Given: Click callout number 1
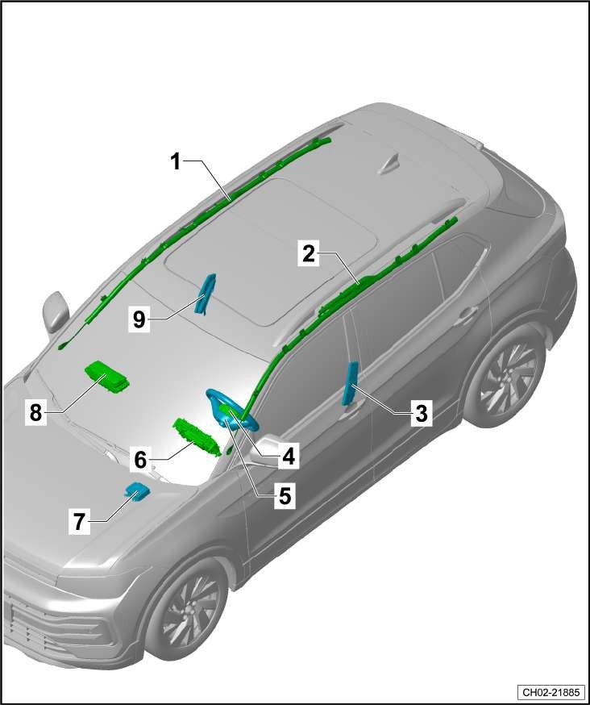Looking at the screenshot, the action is tap(177, 162).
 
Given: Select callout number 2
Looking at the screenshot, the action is tap(309, 254).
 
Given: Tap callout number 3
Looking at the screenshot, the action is tap(421, 413).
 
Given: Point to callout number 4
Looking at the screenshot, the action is tap(288, 457).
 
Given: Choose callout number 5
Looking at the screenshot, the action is tap(285, 496).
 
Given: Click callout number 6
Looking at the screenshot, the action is tap(140, 460).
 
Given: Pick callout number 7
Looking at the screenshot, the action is tap(80, 522).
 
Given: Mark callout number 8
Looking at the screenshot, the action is tap(36, 412).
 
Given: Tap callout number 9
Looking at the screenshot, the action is tap(139, 319).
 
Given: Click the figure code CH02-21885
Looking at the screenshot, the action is tap(551, 691).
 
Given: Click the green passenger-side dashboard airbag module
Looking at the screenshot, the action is tap(107, 377).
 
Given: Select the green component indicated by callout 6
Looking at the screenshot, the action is tap(197, 437).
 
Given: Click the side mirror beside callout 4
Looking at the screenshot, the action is tap(265, 449).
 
